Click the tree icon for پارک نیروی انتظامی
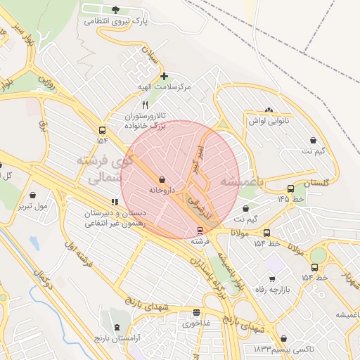point(115,10)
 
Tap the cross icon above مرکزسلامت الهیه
point(164,76)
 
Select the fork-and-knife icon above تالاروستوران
point(145,104)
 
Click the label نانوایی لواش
point(269,121)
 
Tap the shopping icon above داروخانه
point(162,180)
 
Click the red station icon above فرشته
point(200,231)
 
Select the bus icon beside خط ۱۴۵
point(290,188)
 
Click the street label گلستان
point(316,183)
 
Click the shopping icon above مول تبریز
point(33,195)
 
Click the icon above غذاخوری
point(196,313)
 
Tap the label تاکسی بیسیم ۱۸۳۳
point(272,349)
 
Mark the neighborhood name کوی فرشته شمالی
point(106,169)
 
